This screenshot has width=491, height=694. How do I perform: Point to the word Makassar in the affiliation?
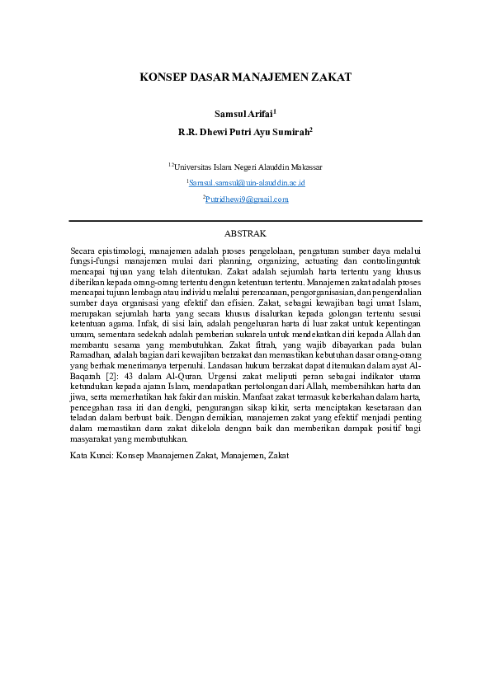pos(304,166)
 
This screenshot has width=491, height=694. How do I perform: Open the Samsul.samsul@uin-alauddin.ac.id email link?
pos(248,182)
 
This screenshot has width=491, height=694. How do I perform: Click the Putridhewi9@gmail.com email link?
pos(247,199)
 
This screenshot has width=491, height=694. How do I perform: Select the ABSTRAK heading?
pos(245,234)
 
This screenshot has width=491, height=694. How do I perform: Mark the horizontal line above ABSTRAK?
pos(245,221)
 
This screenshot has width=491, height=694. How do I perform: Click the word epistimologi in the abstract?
pos(122,250)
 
